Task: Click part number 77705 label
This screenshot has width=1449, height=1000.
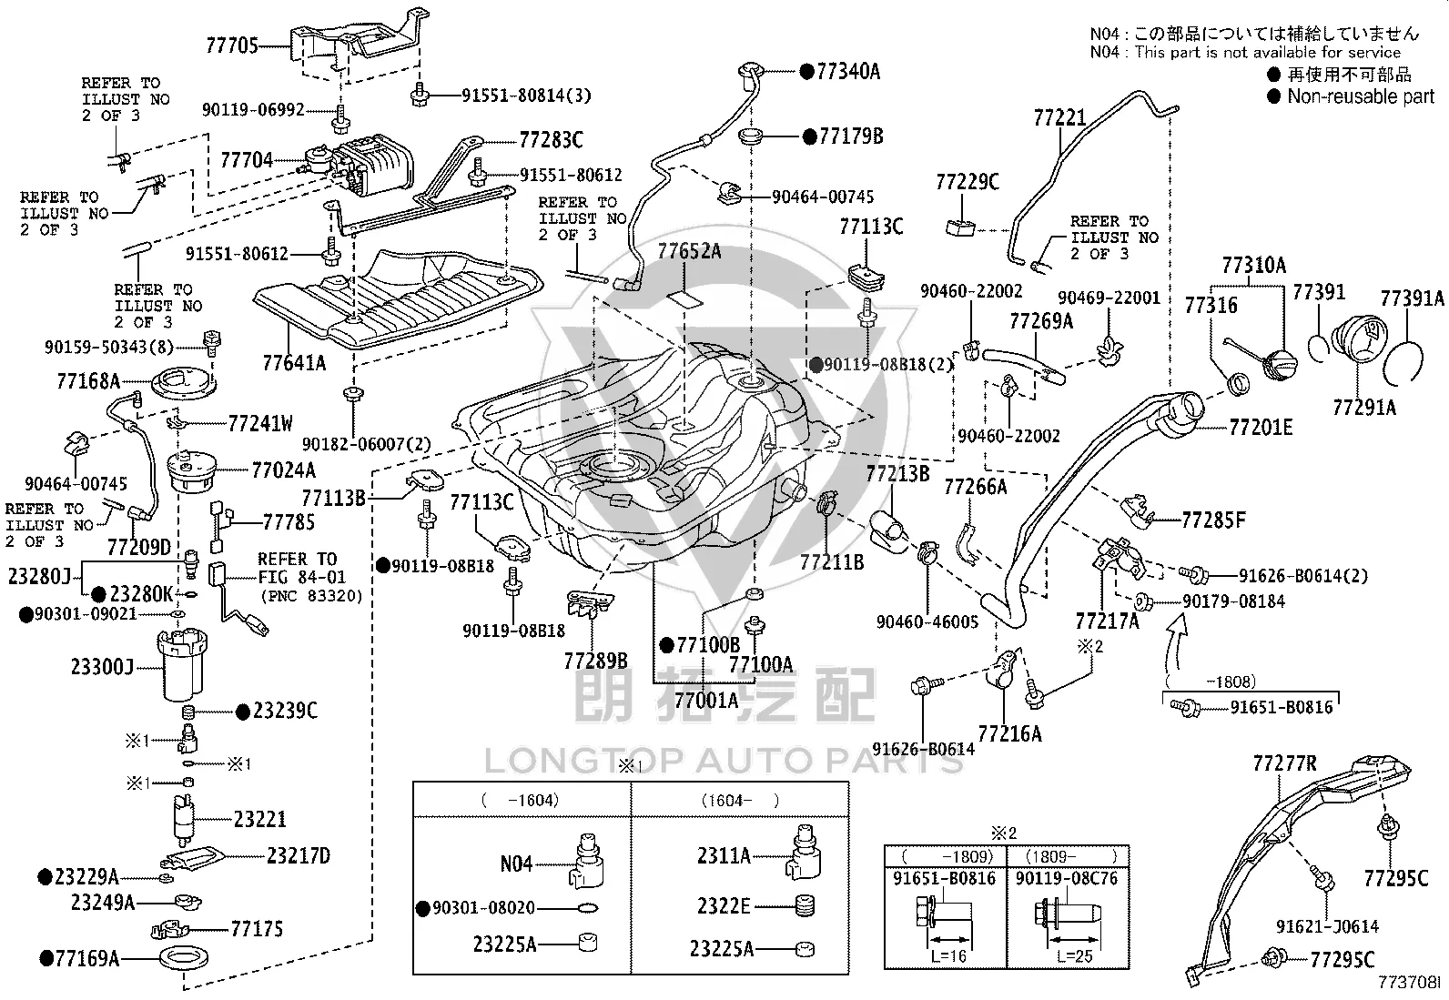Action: point(231,45)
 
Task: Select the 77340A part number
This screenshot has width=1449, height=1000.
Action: point(848,71)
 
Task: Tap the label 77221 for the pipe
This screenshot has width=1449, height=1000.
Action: point(1059,117)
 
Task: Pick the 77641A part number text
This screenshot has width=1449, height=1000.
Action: point(294,363)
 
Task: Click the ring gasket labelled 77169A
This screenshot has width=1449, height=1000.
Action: point(184,957)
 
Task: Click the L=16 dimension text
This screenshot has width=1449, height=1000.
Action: point(948,955)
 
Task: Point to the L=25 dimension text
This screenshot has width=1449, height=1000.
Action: point(1074,955)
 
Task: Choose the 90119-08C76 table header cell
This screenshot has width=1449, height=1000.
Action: point(1067,878)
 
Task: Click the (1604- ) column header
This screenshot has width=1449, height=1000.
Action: point(740,800)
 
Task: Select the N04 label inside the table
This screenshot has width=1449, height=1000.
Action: point(515,864)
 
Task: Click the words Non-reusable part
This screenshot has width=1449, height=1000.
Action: point(1361,96)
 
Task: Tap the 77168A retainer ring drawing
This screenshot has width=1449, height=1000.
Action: point(184,383)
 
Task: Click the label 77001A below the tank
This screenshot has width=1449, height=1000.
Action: point(705,700)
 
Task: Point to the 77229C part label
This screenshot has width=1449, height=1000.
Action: point(968,182)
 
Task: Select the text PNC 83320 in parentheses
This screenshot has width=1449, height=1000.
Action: point(311,596)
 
